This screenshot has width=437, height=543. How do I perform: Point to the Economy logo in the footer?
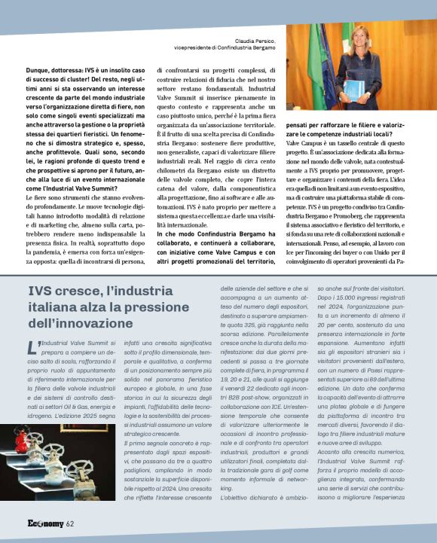click(45, 524)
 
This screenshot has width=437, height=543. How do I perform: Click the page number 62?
click(69, 524)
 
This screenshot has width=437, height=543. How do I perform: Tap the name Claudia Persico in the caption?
click(257, 41)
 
